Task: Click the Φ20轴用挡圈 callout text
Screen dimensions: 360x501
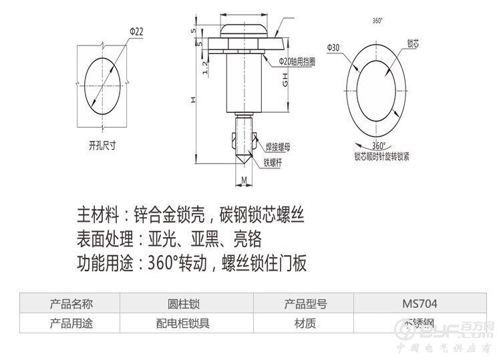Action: pyautogui.click(x=297, y=61)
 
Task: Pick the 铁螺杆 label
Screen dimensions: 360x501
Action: pyautogui.click(x=274, y=161)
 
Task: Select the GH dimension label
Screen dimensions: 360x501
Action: pyautogui.click(x=285, y=81)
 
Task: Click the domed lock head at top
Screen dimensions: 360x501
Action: pyautogui.click(x=244, y=29)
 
